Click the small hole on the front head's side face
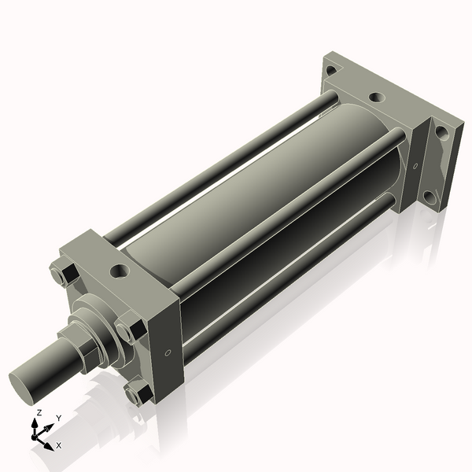167,353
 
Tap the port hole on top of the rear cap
378,98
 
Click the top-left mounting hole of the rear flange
330,71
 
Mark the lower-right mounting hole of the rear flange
429,196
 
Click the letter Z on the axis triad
39,413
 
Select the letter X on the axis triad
59,445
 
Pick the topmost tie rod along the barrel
220,165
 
